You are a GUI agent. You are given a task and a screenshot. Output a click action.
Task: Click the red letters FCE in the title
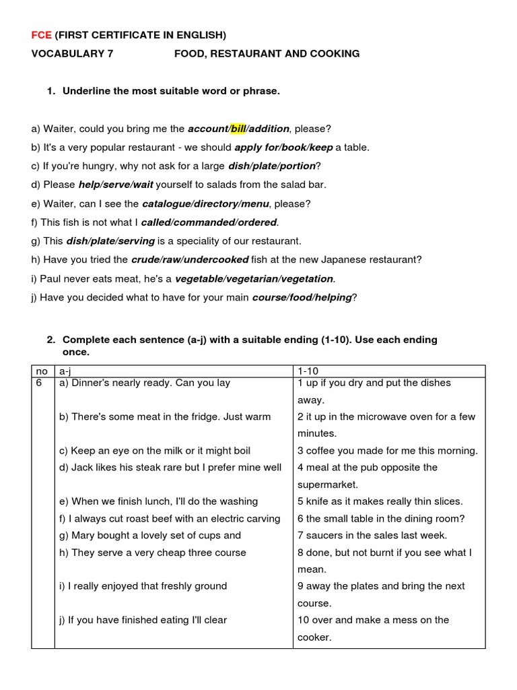coord(42,34)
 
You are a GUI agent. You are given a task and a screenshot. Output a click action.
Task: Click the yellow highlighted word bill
coord(238,128)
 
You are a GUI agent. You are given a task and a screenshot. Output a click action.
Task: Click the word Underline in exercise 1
coord(88,91)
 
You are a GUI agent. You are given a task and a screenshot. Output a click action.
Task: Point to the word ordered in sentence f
coord(256,222)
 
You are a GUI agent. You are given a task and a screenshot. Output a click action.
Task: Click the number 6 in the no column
coord(38,383)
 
